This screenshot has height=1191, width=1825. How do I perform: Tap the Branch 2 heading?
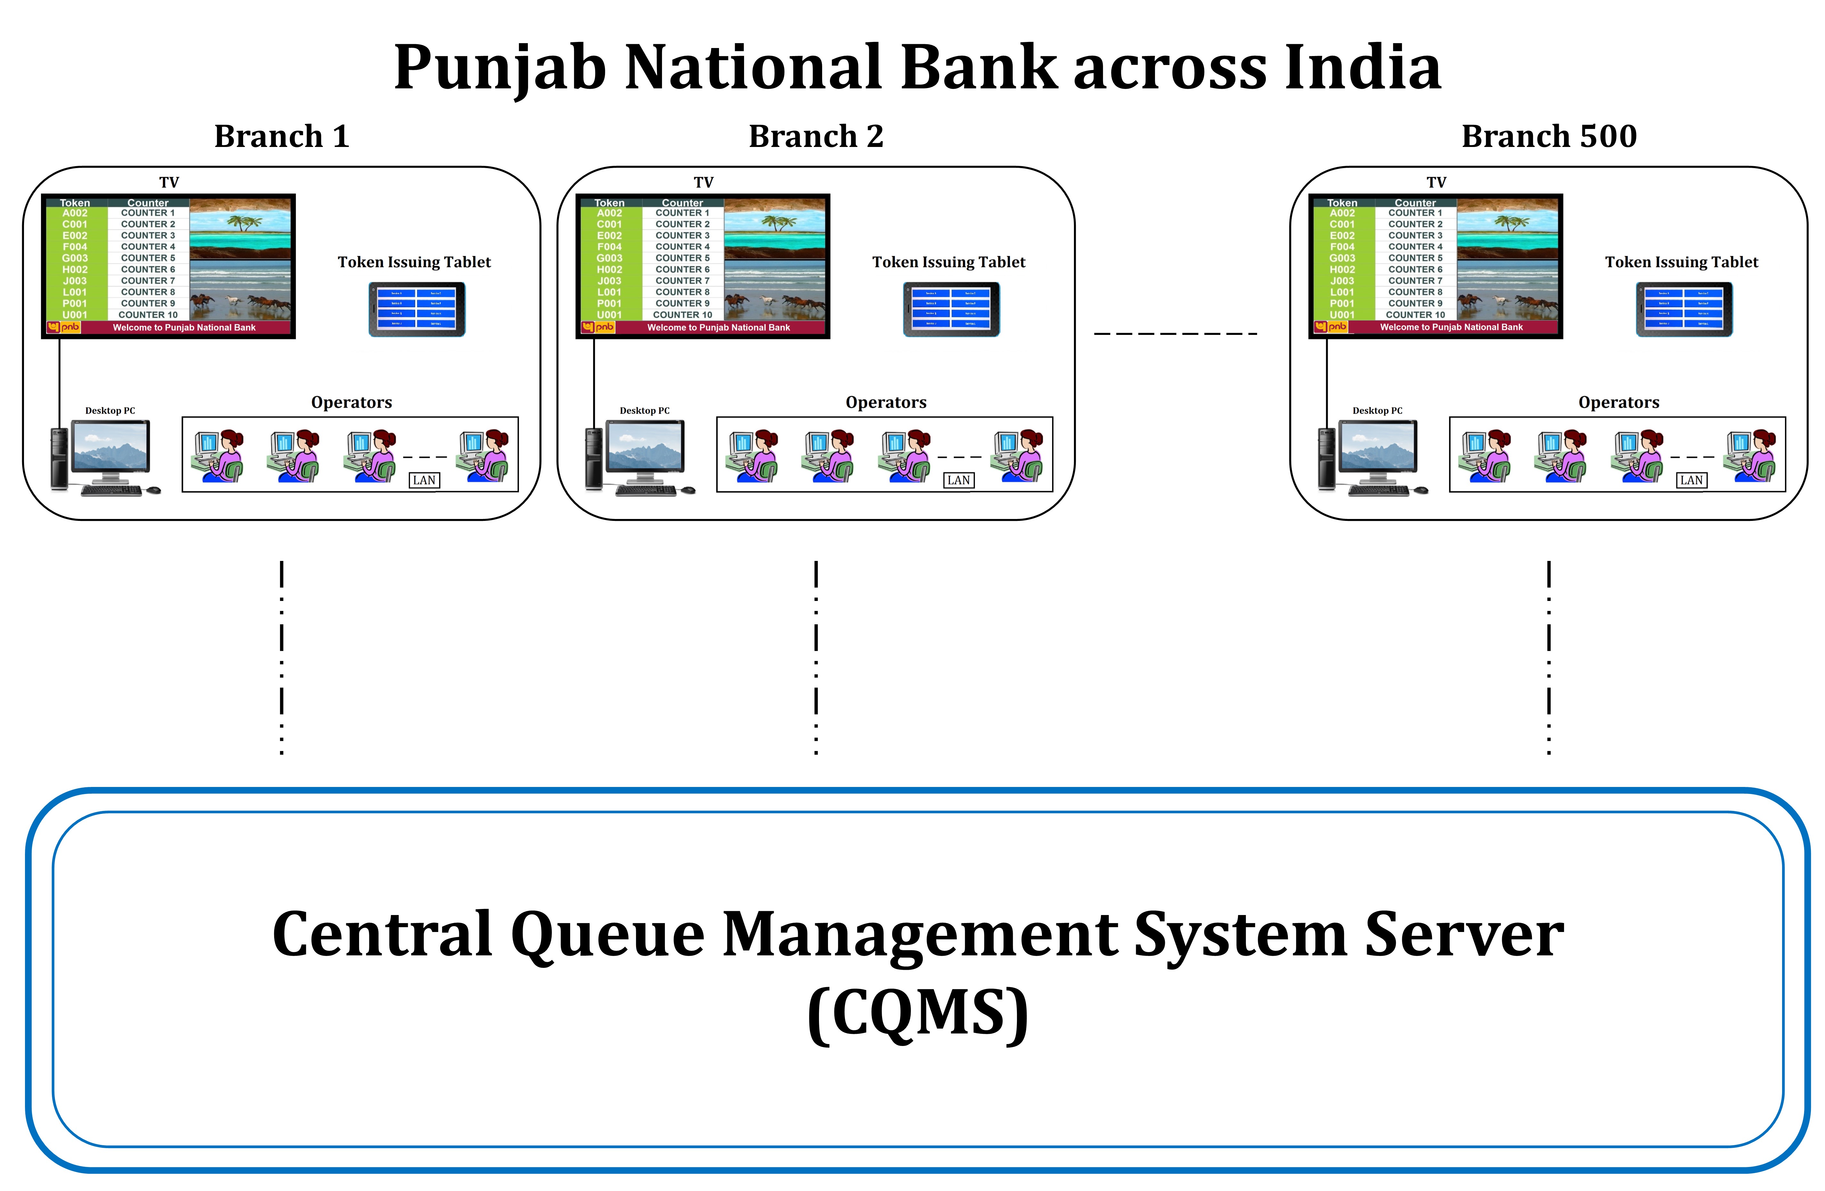click(816, 136)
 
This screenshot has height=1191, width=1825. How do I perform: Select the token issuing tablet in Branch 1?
click(416, 309)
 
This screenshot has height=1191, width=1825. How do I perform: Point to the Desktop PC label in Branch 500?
click(1377, 411)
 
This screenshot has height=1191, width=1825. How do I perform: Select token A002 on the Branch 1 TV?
click(75, 213)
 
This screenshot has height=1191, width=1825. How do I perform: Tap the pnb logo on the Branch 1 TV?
click(63, 327)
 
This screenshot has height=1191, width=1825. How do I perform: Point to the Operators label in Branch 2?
click(886, 402)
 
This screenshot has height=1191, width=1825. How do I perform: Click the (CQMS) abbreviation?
click(918, 1013)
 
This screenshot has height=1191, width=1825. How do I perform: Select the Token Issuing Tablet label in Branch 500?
click(1681, 262)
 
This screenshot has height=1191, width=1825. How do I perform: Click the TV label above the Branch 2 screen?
click(703, 182)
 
